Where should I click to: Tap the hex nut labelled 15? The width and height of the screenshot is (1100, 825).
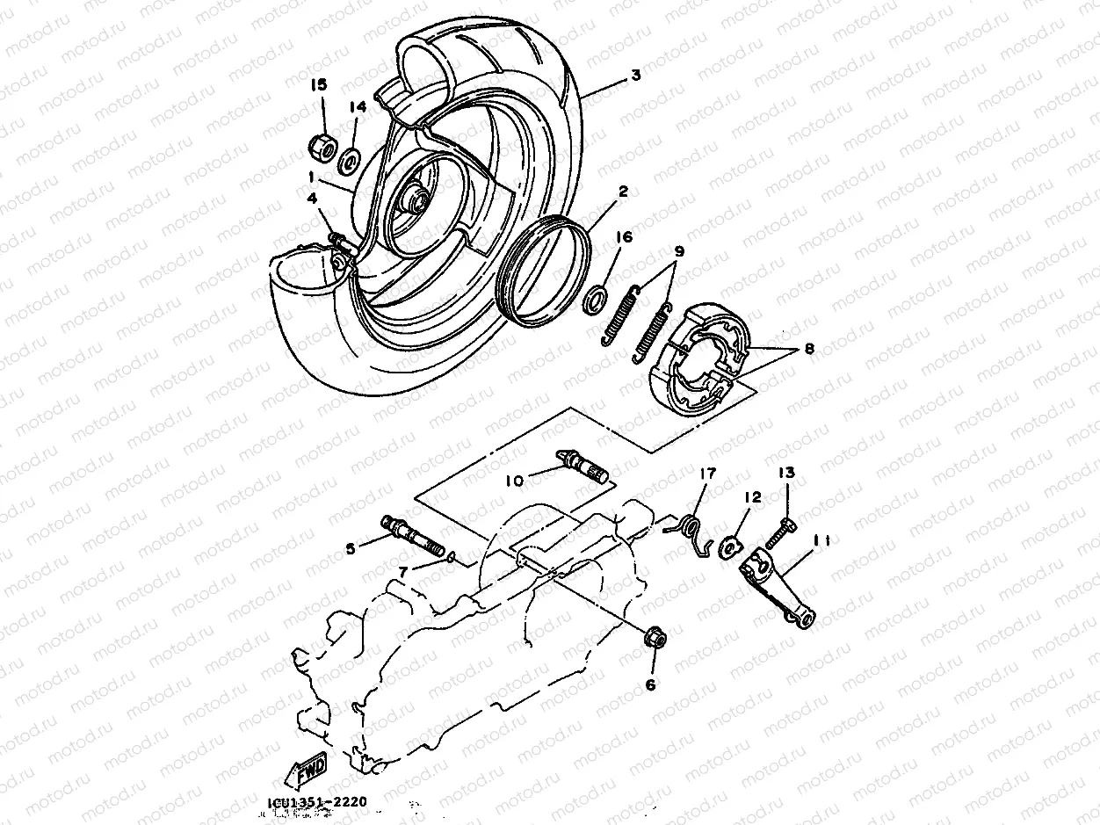tap(322, 145)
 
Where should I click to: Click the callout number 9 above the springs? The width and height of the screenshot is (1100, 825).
tap(677, 251)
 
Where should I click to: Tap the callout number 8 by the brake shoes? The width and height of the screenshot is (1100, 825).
tap(808, 349)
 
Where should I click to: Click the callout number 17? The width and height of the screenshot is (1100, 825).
tap(708, 474)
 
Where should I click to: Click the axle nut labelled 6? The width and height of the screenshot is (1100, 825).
tap(654, 639)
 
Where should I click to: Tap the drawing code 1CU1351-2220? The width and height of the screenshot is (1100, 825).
tap(318, 801)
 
